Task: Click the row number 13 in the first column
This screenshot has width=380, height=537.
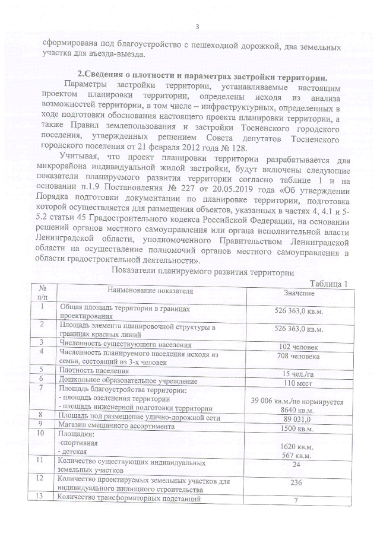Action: pos(42,497)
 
